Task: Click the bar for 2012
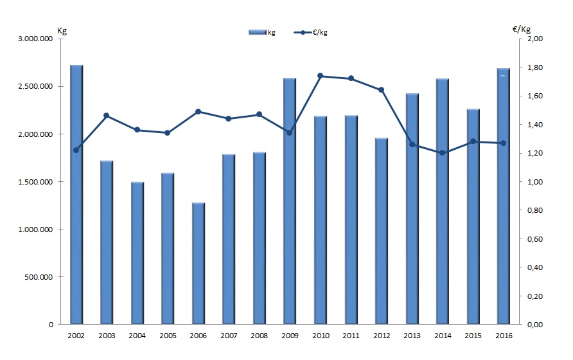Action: tap(381, 231)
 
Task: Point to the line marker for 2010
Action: tap(320, 76)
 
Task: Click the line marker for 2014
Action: tap(442, 153)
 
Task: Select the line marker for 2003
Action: tap(107, 116)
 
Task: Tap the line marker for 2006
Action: tap(198, 111)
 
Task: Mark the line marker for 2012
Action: tap(381, 89)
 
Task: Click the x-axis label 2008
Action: tap(259, 336)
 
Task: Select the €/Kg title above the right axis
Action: tap(521, 29)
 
